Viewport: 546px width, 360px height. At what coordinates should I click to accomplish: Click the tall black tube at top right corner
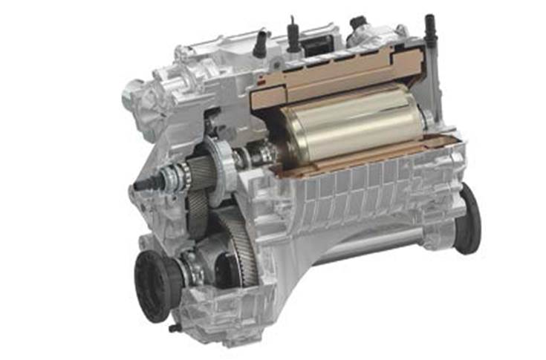pos(430,29)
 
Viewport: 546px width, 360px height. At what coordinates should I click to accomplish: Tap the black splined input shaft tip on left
pos(140,181)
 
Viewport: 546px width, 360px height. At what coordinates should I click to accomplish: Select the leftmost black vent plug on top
pos(260,44)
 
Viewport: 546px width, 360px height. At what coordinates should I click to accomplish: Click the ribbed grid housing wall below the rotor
pos(357,186)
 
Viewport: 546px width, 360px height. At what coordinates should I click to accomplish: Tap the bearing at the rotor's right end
pos(428,119)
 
